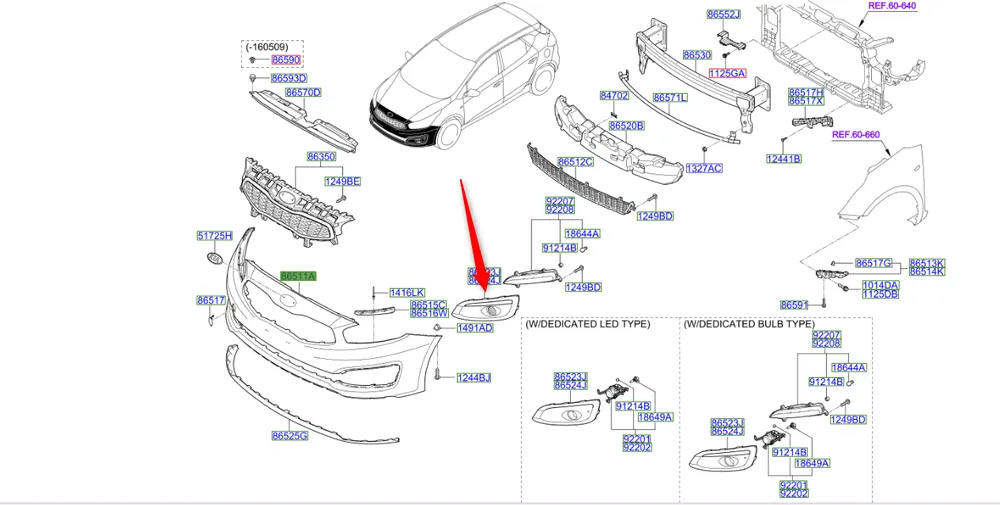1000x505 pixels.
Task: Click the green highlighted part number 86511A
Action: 298,276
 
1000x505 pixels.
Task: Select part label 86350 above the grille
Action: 321,158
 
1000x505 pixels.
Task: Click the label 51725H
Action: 214,236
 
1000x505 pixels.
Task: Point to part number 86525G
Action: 289,436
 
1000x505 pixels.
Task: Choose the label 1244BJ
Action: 474,378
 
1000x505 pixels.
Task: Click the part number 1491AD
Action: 474,328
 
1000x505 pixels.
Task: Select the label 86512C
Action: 576,161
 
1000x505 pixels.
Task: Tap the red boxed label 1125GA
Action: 727,74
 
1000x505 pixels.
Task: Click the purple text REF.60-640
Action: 892,6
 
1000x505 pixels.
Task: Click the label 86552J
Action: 723,15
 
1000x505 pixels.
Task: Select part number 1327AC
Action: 703,169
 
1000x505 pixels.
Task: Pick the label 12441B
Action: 784,159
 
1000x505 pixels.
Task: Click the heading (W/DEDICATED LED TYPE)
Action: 587,325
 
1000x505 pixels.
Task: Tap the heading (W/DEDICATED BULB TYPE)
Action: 749,325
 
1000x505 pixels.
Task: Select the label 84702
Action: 613,96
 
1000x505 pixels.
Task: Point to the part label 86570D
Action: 302,93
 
